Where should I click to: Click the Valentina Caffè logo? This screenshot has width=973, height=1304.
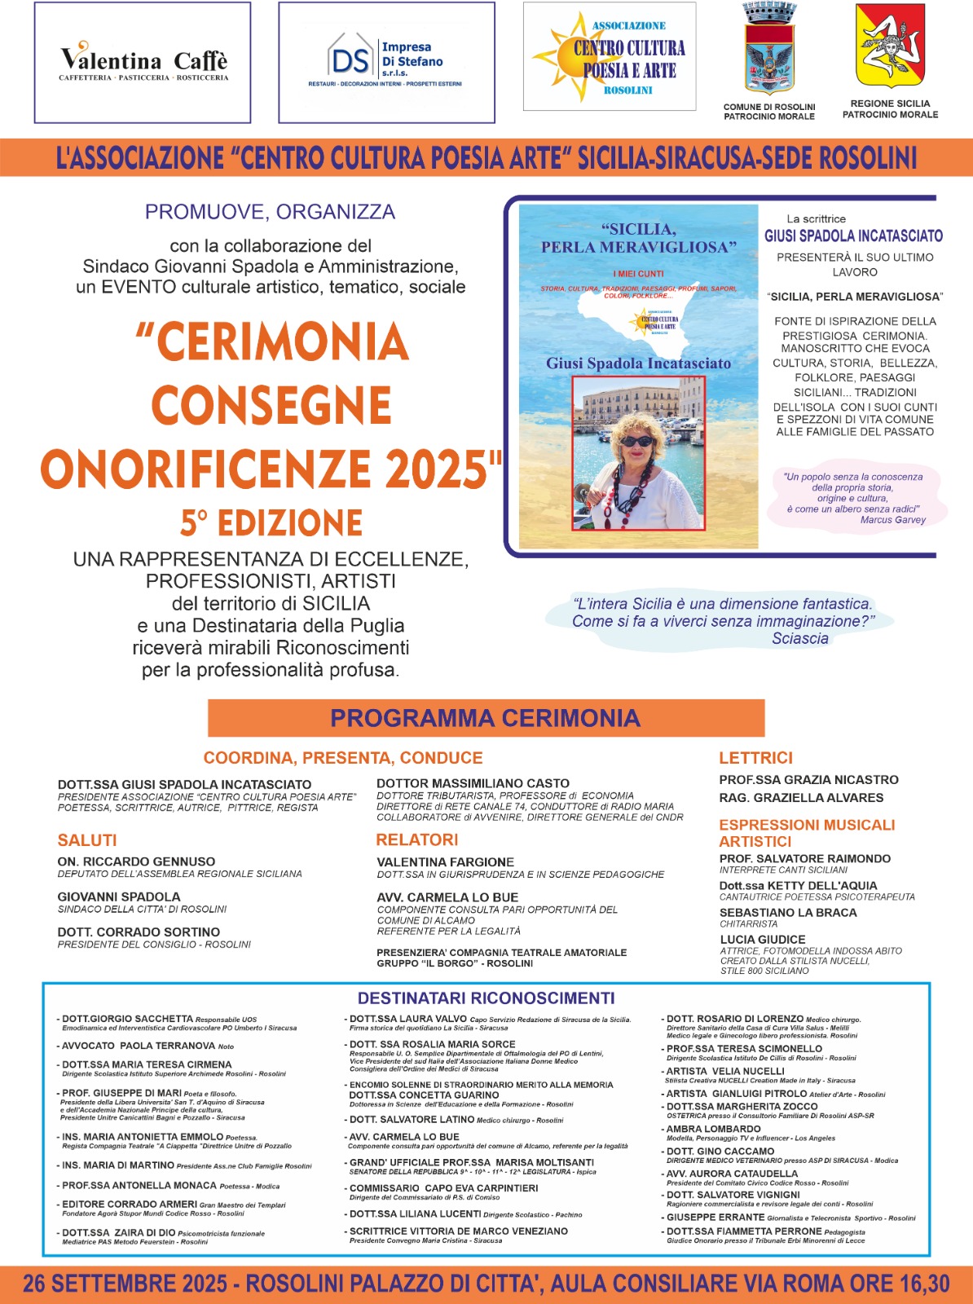(143, 63)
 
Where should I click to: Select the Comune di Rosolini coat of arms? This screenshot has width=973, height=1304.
(768, 51)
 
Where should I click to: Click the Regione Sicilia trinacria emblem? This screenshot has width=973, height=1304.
(890, 46)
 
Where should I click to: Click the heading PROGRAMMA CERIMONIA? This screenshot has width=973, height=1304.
(486, 718)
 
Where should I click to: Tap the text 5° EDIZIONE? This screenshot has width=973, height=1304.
(271, 523)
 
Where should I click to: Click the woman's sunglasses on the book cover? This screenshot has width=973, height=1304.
(636, 441)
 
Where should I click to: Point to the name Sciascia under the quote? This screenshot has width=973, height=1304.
(800, 639)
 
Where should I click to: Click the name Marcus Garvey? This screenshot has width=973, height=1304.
(893, 520)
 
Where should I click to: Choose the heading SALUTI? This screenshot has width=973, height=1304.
(87, 840)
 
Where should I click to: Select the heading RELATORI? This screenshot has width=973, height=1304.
(417, 839)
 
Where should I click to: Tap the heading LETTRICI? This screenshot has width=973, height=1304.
(755, 758)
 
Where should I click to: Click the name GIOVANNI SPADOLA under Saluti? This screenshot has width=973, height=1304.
(119, 896)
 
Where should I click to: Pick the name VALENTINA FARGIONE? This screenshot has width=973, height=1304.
(445, 861)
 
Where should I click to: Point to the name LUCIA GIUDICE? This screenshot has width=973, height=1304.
(763, 939)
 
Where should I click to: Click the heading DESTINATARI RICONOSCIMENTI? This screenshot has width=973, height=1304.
(486, 998)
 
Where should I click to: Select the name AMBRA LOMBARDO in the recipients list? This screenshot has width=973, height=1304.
(714, 1129)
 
